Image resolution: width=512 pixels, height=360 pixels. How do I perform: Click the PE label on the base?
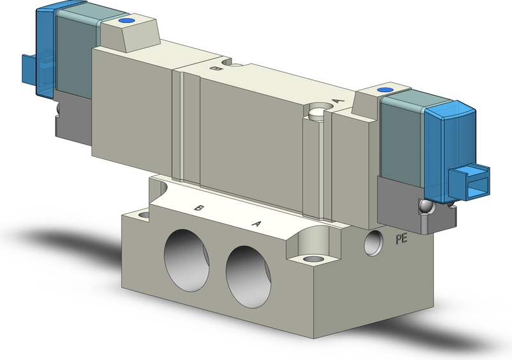click(x=402, y=238)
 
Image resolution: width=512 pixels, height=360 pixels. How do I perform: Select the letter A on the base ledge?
click(x=257, y=224)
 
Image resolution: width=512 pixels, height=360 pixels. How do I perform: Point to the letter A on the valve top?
click(x=339, y=101)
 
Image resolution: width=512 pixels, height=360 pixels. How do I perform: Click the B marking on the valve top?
click(x=214, y=69)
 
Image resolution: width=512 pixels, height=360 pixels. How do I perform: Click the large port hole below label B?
click(x=186, y=259)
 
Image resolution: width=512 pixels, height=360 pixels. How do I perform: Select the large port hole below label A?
click(x=248, y=277)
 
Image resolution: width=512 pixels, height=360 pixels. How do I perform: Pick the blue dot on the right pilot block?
click(x=384, y=90)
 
